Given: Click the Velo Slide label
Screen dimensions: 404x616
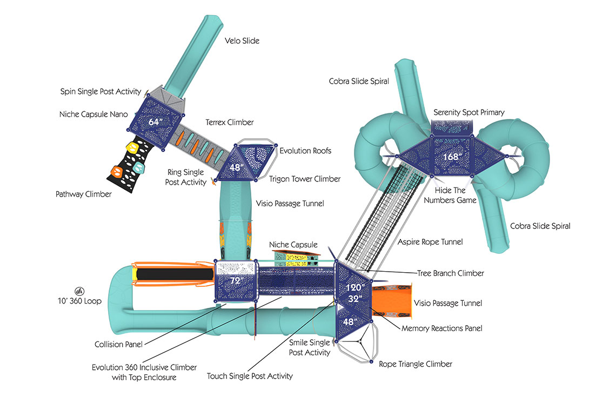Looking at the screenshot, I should click(x=242, y=41).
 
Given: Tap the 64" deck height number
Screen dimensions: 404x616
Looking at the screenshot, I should click(x=155, y=123).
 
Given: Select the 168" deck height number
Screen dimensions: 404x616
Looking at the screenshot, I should click(x=453, y=157).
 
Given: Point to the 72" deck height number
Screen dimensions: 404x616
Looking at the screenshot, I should click(x=235, y=281).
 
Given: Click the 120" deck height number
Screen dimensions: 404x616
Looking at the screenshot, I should click(x=356, y=287).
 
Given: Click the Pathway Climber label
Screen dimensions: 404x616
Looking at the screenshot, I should click(x=83, y=194).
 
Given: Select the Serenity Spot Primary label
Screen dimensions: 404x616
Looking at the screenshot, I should click(x=469, y=112).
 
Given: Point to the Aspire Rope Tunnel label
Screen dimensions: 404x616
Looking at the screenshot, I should click(x=431, y=242).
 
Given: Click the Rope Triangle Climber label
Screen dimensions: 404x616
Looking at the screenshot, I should click(x=416, y=364).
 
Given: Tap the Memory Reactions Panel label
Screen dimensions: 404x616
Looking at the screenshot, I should click(x=442, y=328).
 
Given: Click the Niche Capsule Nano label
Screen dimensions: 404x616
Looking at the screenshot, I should click(x=93, y=115).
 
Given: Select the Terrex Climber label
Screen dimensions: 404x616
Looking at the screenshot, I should click(x=229, y=123).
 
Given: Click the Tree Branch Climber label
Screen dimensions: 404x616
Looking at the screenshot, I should click(x=450, y=273).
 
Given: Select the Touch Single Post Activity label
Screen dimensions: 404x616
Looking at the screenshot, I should click(x=250, y=376).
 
